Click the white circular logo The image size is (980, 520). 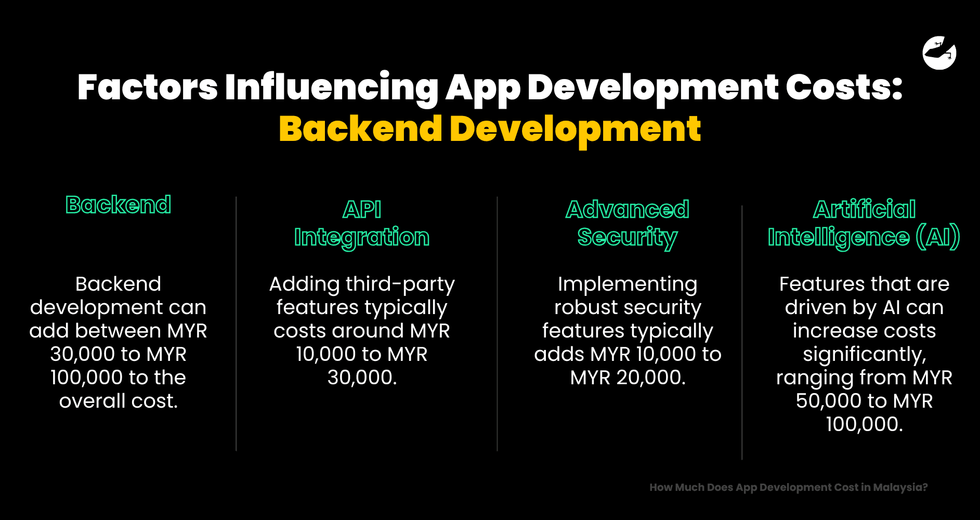click(x=939, y=53)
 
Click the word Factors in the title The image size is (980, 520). click(x=148, y=87)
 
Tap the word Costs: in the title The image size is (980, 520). click(x=843, y=87)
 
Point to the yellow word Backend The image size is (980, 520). click(x=360, y=129)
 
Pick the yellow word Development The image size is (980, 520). click(x=575, y=130)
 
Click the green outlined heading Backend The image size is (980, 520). click(x=118, y=205)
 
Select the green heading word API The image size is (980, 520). click(x=362, y=210)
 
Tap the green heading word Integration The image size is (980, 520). click(x=362, y=238)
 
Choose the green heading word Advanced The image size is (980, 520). click(x=628, y=210)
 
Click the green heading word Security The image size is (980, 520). click(x=628, y=238)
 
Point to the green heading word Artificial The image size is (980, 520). click(x=864, y=210)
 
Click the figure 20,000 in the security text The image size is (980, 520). click(x=651, y=378)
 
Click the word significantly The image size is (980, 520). click(x=864, y=355)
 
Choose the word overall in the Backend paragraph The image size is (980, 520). click(x=92, y=401)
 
